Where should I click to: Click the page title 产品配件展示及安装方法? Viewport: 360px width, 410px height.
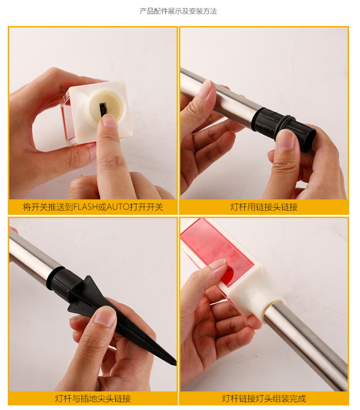click(178, 11)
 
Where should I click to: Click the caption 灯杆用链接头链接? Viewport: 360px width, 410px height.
click(264, 207)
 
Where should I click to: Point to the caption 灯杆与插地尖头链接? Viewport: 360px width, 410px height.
click(93, 399)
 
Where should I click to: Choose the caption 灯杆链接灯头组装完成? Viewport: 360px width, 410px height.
click(264, 399)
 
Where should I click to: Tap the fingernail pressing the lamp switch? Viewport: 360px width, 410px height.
click(110, 121)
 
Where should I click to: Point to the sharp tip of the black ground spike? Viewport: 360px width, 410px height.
click(175, 364)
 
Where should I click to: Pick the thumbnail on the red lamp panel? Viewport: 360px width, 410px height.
click(218, 264)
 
